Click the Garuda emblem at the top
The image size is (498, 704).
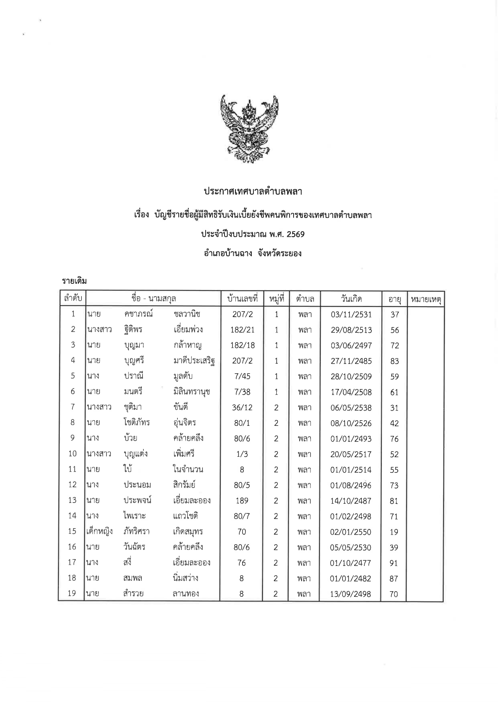pos(249,129)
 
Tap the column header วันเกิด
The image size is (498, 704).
pos(351,299)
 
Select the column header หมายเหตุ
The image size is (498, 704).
pos(425,299)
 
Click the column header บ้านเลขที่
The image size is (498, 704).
pos(242,299)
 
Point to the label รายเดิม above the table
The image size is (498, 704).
pos(75,281)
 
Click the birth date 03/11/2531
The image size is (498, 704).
pos(351,315)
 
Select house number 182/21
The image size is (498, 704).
pos(242,330)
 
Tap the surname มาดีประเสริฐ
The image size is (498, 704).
pos(194,361)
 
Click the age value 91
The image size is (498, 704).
pos(394,563)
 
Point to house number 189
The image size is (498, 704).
pos(242,501)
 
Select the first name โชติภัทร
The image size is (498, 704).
pos(137,423)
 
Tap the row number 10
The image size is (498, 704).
pos(72,454)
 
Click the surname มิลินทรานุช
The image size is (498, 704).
pos(192,392)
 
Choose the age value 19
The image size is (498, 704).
pos(394,532)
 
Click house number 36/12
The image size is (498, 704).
pos(242,408)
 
